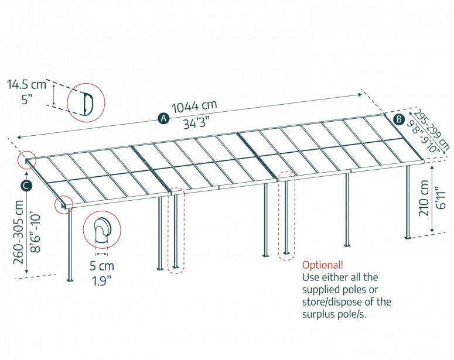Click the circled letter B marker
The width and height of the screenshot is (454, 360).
coord(399,119)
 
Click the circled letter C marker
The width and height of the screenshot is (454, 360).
coord(26,186)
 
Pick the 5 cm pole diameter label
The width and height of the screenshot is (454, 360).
coord(102,266)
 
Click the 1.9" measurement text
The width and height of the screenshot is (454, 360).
coord(102,280)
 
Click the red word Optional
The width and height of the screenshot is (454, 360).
coord(322,265)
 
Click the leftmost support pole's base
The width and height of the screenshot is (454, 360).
coord(70,280)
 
